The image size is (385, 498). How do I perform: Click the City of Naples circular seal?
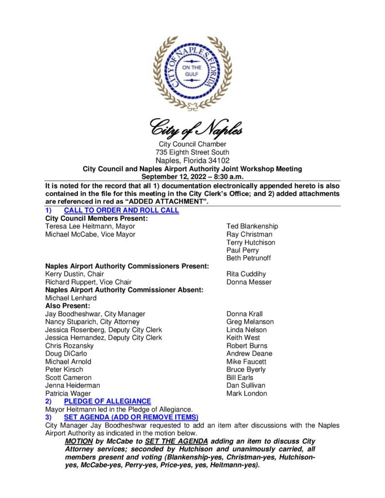192,73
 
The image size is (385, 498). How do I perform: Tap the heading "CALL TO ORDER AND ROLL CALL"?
121,211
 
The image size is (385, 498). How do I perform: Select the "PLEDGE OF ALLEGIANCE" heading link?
107,401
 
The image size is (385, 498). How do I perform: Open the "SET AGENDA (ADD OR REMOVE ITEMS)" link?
131,417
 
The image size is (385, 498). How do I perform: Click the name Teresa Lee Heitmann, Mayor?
90,226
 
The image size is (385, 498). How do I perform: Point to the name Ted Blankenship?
252,226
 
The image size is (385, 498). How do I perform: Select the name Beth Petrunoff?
249,258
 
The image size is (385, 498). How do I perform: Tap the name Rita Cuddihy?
246,274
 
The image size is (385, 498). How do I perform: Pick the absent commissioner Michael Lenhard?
71,298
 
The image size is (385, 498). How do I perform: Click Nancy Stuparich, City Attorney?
92,321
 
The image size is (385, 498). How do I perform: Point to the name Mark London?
247,393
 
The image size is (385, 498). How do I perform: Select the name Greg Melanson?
250,321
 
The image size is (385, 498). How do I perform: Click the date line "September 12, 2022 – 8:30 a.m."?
192,177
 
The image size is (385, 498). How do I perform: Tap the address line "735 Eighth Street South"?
192,152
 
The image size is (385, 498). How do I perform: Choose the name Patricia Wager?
68,393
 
